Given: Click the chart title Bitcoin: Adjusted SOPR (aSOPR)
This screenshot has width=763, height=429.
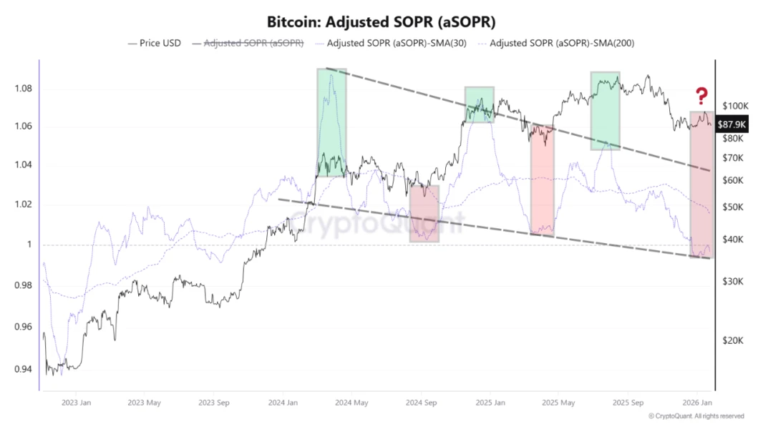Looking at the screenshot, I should [x=381, y=21].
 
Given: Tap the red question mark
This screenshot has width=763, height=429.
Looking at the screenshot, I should [x=702, y=95].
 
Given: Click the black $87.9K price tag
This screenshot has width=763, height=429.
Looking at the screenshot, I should [x=732, y=123].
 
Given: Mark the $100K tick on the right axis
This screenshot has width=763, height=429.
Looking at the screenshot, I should [x=735, y=106].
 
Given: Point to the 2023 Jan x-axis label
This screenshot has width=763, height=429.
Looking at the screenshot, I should [x=75, y=403].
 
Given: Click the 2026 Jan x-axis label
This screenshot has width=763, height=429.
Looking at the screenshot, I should [x=696, y=403].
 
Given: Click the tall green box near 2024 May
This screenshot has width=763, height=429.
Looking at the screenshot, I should [x=331, y=122].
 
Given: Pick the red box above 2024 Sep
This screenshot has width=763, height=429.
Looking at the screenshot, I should [x=424, y=213].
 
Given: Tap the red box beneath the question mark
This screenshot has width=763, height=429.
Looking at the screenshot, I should [x=701, y=184].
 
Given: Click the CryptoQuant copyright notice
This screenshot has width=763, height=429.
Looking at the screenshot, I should [x=696, y=416].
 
